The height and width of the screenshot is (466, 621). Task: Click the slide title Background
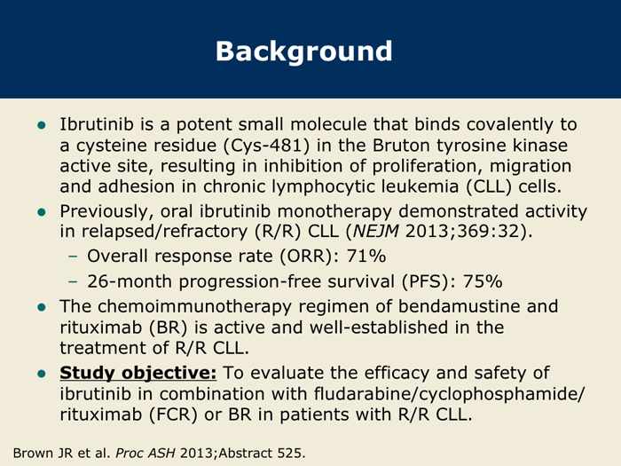[x=303, y=51]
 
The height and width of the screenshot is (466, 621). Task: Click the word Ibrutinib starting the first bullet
[x=97, y=124]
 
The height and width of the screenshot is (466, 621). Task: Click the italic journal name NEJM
[x=375, y=231]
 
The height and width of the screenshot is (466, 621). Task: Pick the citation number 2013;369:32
[x=462, y=231]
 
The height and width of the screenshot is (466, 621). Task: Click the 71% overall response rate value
[x=366, y=256]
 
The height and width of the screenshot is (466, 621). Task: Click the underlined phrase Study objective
[x=138, y=374]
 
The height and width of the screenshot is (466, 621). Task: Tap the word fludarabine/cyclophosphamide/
[x=449, y=394]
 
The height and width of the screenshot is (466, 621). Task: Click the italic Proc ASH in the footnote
[x=145, y=453]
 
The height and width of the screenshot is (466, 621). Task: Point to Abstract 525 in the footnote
[x=260, y=453]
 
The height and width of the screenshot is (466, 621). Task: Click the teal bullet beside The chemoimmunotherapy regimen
[x=42, y=307]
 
